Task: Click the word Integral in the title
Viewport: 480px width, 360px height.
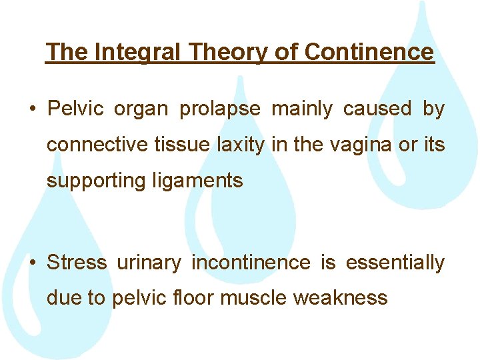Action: [136, 51]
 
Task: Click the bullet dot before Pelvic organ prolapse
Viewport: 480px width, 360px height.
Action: [33, 109]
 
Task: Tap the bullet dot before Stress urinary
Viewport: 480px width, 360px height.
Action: [33, 263]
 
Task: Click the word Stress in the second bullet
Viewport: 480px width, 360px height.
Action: [77, 263]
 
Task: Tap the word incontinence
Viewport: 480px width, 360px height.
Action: [251, 263]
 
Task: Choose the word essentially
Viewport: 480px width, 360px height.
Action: [395, 263]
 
